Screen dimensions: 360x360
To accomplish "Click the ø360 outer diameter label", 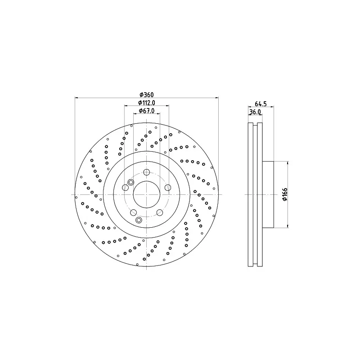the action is click(x=147, y=94).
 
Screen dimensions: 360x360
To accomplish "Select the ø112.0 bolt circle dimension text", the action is click(x=147, y=103).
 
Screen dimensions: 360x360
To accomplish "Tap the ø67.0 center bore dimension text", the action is click(x=147, y=111).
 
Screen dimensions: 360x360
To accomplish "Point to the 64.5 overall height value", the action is click(x=261, y=104).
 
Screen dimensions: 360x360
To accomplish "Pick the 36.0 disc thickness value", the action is click(x=255, y=112).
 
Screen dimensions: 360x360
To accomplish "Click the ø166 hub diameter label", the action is click(x=285, y=194).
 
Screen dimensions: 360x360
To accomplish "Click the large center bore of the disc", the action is click(x=147, y=194).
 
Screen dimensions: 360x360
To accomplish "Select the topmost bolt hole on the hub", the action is click(x=147, y=172).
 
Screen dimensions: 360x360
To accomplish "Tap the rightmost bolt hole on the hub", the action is click(x=168, y=188).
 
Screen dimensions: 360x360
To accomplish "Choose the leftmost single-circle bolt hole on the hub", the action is click(x=126, y=188).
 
